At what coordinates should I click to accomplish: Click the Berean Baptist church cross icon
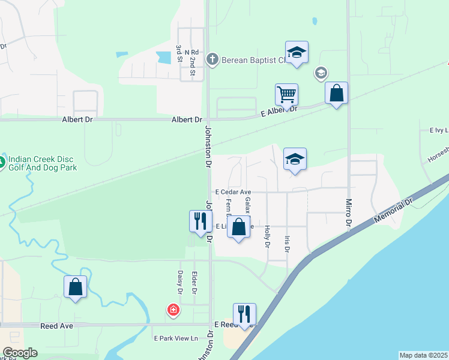pos(211,59)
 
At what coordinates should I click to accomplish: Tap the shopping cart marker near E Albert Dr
pos(286,94)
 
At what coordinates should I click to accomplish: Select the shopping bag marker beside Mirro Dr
pos(336,94)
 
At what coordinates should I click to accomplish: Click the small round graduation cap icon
pos(321,73)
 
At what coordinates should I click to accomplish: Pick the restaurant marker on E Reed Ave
pos(244,314)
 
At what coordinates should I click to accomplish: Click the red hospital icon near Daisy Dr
pos(173,310)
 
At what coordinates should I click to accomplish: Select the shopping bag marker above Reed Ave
pos(76,287)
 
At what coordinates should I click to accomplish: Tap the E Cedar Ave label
pos(233,191)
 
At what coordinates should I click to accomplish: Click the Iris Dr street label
pos(288,247)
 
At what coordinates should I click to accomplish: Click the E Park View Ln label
pos(176,338)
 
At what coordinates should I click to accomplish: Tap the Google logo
pos(20,353)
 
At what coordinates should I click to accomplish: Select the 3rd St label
pos(179,53)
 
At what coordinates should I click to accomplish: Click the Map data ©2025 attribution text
pos(423,355)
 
